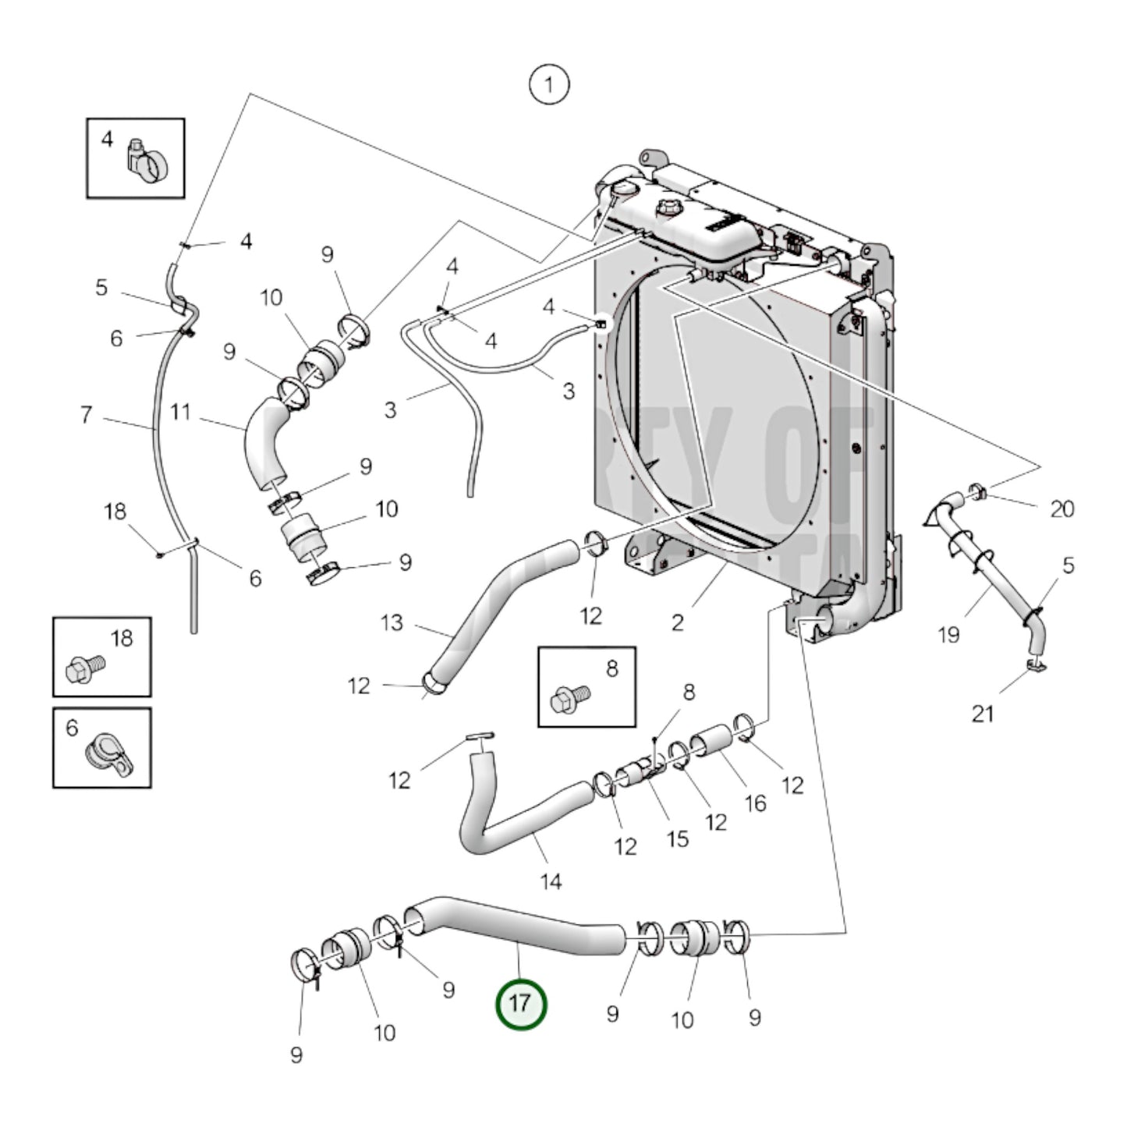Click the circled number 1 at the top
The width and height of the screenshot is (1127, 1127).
point(549,85)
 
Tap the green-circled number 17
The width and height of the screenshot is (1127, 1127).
point(520,1003)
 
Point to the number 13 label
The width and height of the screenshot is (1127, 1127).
point(392,622)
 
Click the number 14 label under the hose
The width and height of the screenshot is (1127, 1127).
point(551,881)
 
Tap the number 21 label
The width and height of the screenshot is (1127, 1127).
point(982,713)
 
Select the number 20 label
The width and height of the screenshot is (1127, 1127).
point(1061,509)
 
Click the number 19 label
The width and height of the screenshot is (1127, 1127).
point(948,635)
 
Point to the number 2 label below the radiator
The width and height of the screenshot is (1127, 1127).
point(677,622)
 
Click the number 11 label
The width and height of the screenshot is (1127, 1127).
point(180,412)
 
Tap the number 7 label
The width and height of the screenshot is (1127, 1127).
point(87,414)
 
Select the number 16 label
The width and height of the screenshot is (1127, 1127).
point(755,803)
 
